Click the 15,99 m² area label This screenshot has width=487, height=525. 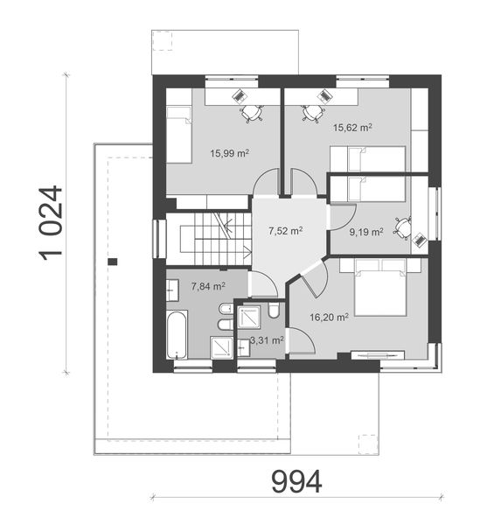click(x=229, y=153)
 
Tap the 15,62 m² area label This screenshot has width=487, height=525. click(x=352, y=127)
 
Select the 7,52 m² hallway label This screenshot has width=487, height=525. click(x=285, y=231)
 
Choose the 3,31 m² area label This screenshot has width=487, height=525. click(x=266, y=339)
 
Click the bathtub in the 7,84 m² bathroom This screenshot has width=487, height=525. click(x=176, y=334)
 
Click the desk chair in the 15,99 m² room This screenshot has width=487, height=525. click(x=252, y=112)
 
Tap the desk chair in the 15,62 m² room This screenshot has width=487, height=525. click(x=312, y=112)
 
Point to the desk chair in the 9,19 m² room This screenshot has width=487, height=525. click(x=401, y=227)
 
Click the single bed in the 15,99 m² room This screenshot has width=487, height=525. click(x=179, y=133)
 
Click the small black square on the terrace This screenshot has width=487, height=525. click(x=113, y=260)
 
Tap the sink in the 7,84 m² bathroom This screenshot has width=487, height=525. click(x=173, y=286)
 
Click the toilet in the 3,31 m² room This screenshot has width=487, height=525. click(x=274, y=311)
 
